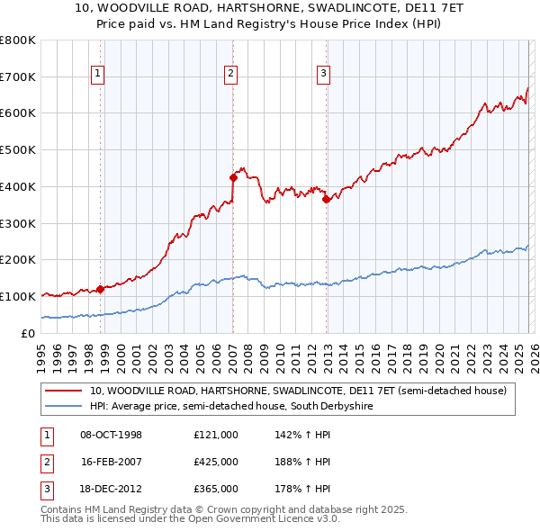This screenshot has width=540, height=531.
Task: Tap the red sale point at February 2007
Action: tap(233, 177)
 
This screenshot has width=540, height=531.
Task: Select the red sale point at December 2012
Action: tap(327, 200)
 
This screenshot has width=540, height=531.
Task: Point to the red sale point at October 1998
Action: tap(101, 289)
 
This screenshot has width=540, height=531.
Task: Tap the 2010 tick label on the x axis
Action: tap(280, 351)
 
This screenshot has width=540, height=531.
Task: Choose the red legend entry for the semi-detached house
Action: tap(297, 391)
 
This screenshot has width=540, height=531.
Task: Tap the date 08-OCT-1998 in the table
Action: tap(111, 435)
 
